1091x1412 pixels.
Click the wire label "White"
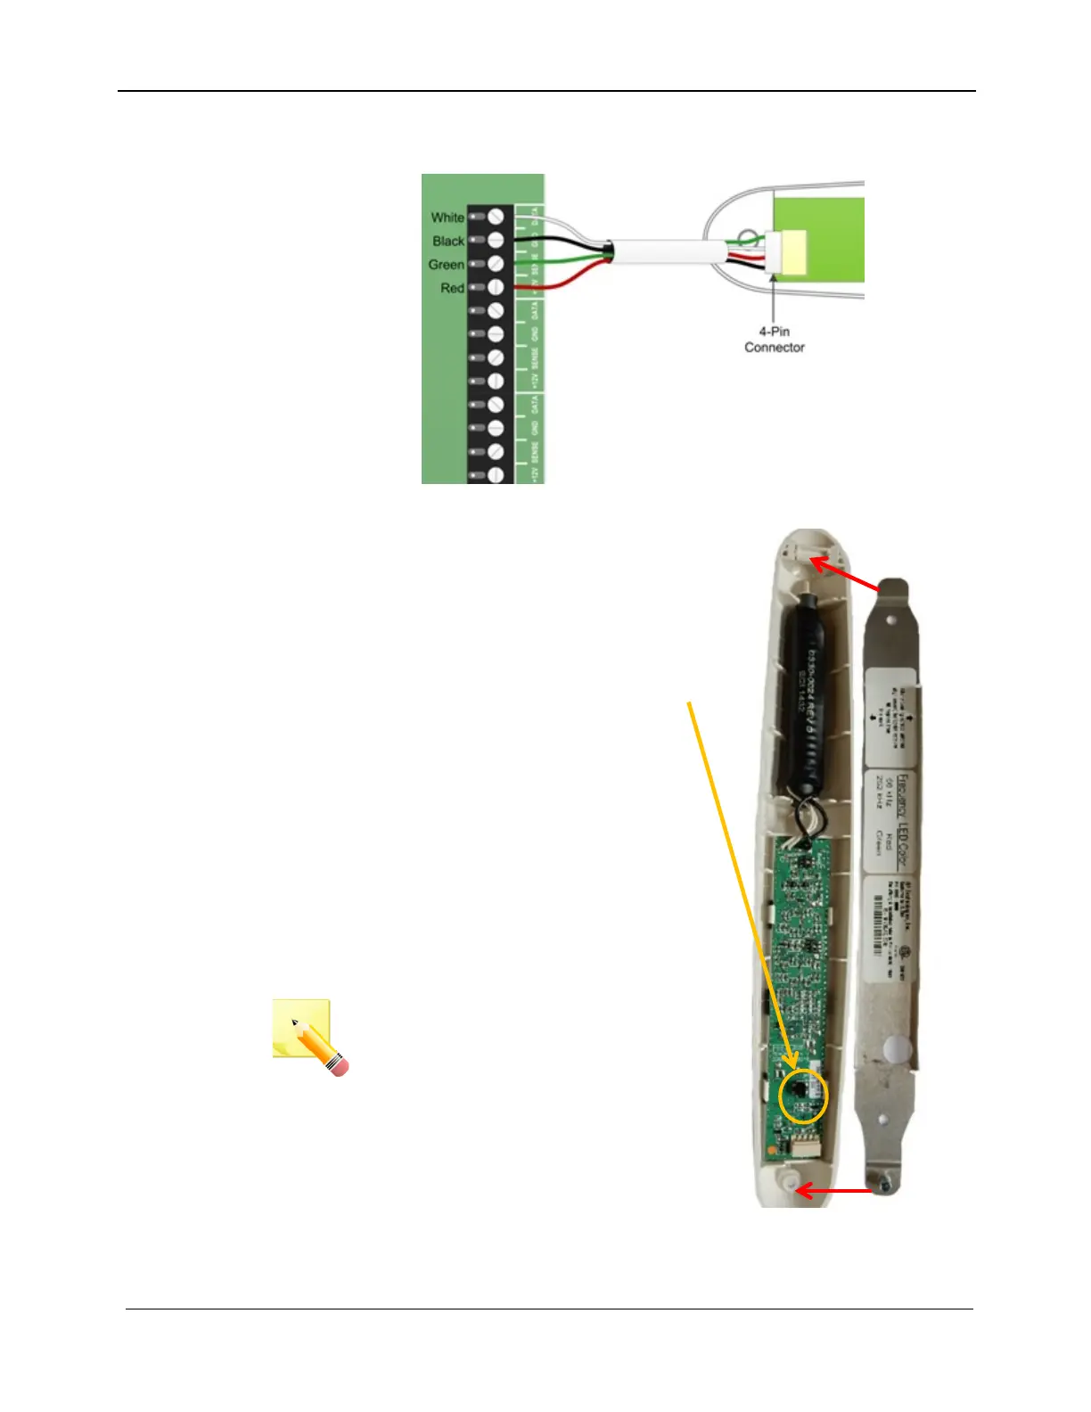click(447, 218)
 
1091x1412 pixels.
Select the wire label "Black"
click(448, 241)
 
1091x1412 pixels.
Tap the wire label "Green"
click(446, 265)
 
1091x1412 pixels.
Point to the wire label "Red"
click(452, 288)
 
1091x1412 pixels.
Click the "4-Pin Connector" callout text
click(774, 340)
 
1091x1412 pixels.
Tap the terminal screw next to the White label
click(496, 217)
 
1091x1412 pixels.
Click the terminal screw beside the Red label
click(496, 288)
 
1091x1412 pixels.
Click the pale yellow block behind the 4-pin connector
click(792, 250)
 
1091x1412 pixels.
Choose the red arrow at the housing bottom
click(833, 1190)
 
